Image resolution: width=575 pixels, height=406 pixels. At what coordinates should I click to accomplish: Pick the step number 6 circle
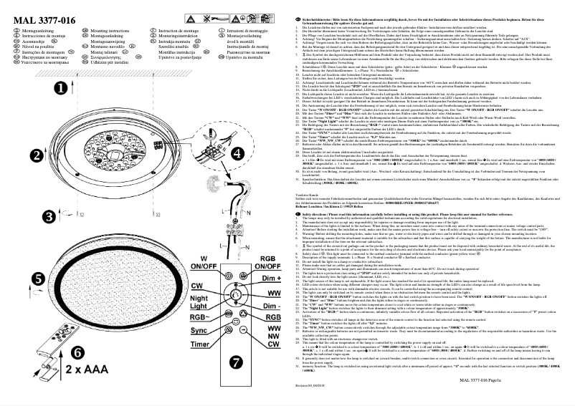point(76,353)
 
